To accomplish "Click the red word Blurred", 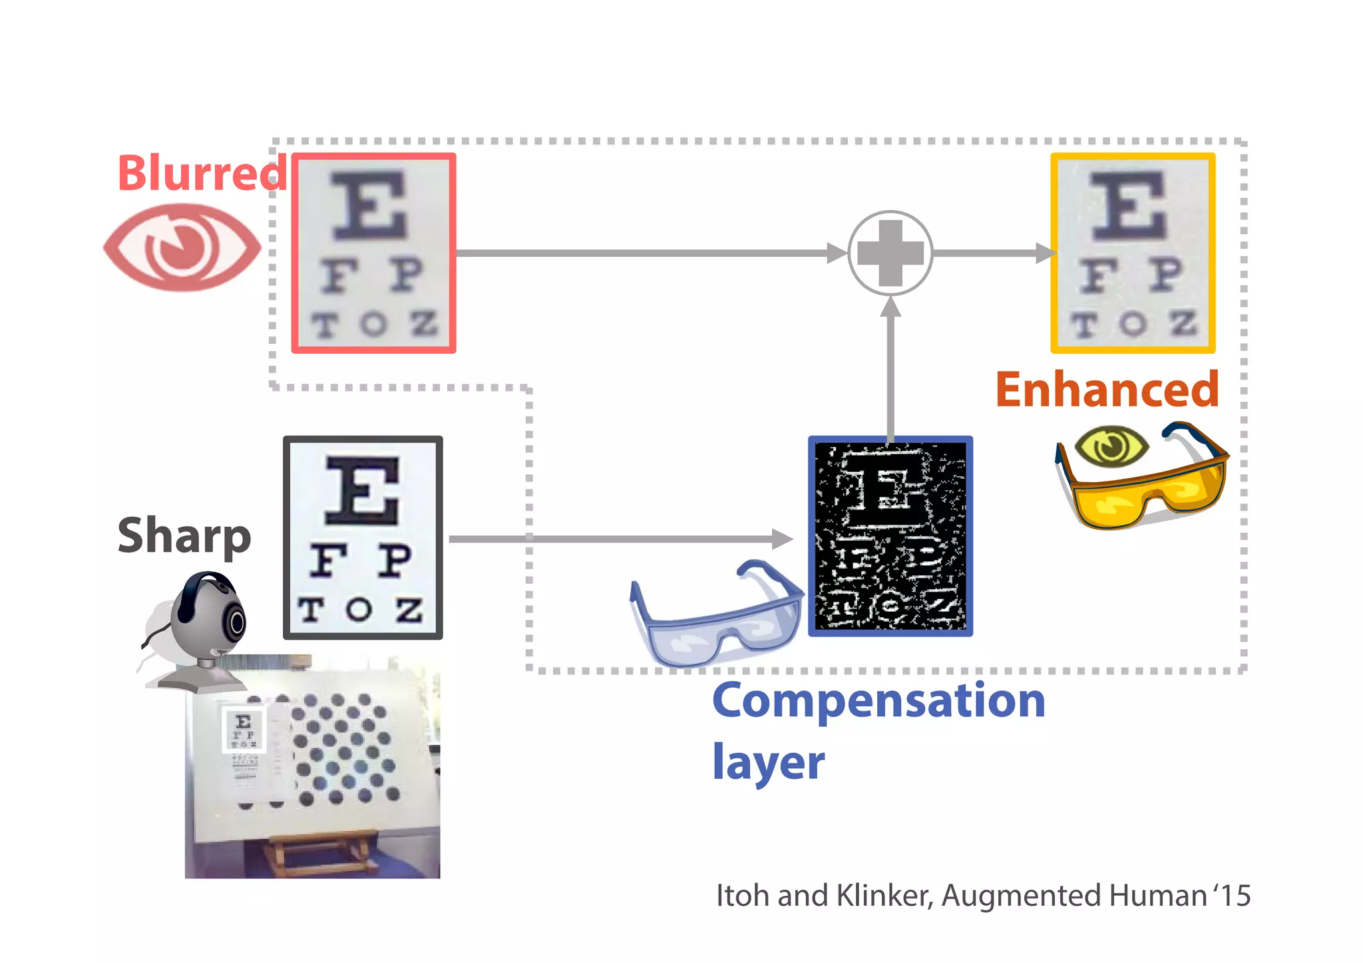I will (202, 173).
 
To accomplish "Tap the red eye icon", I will (182, 247).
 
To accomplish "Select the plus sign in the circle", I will (890, 253).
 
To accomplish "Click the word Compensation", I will (878, 701).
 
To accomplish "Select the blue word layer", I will (768, 762).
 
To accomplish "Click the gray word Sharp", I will (184, 536).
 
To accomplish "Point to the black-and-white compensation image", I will (890, 536).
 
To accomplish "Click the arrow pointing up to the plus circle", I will (890, 366).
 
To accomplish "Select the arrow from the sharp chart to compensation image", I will (619, 539).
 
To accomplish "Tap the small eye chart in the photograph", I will (244, 730).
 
